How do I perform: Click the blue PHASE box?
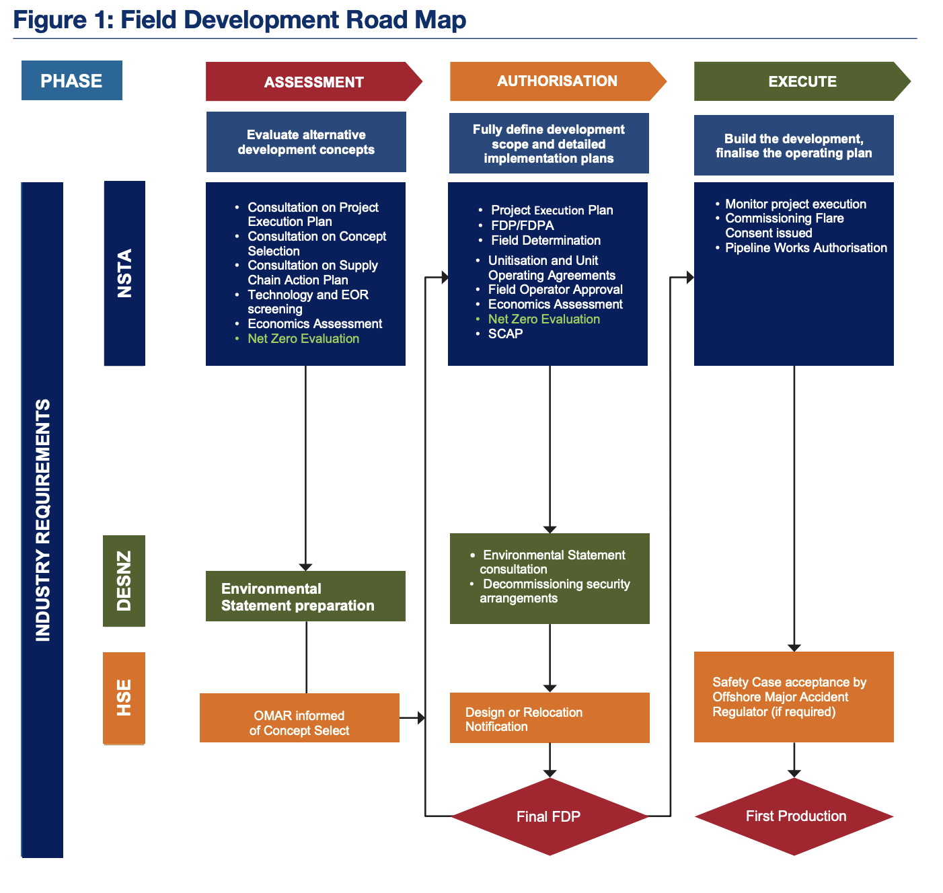[71, 81]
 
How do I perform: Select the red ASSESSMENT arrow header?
[313, 82]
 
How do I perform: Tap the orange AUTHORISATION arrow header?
[557, 81]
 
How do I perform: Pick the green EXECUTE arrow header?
[801, 81]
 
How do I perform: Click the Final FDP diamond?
[549, 816]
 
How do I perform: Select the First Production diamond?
[795, 816]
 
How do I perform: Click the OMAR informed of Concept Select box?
[299, 718]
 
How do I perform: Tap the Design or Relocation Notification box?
[549, 718]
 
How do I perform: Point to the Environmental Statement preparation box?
[305, 596]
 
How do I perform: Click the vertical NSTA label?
[124, 273]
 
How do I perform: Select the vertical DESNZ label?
[124, 581]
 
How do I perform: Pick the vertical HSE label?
[124, 698]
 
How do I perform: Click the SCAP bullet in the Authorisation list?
[505, 334]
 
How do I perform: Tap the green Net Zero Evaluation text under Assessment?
[303, 339]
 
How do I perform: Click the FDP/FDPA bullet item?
[522, 226]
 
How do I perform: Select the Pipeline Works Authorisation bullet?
[806, 248]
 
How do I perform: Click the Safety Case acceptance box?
[794, 697]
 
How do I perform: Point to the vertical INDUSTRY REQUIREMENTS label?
[42, 520]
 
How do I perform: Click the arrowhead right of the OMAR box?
[421, 718]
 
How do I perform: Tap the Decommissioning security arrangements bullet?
[555, 591]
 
